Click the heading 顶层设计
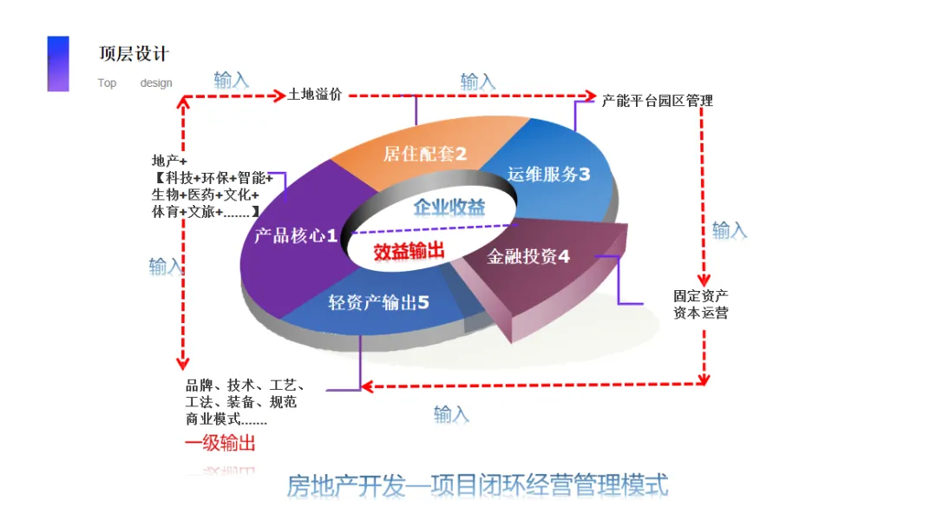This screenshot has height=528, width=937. click(x=134, y=54)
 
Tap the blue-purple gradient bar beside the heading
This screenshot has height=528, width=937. click(x=58, y=63)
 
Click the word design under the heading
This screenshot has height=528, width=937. click(x=156, y=83)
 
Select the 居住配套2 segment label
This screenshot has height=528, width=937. click(x=425, y=155)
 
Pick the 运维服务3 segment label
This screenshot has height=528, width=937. click(x=548, y=174)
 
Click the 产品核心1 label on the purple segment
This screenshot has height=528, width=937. click(x=296, y=235)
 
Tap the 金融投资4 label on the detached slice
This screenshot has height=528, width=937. click(x=528, y=257)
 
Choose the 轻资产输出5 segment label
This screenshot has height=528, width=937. click(x=378, y=303)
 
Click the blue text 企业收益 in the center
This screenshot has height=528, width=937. click(x=449, y=208)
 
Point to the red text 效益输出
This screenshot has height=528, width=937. click(x=409, y=252)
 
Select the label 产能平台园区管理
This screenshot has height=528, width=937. click(x=657, y=101)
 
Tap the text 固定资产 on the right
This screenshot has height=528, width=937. click(x=700, y=295)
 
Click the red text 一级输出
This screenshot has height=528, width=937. click(x=220, y=444)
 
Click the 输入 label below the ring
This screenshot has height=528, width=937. click(x=451, y=414)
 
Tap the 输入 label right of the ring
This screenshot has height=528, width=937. click(x=729, y=230)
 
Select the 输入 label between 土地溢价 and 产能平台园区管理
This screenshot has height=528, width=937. click(x=477, y=82)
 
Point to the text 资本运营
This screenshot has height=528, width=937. click(x=700, y=313)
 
